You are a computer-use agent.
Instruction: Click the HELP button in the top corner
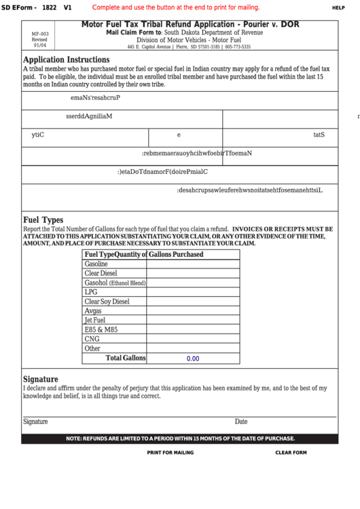coord(338,7)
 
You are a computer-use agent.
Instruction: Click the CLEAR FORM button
coord(291,452)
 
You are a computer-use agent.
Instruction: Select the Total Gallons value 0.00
coord(193,358)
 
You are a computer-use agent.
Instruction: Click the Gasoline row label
coord(96,264)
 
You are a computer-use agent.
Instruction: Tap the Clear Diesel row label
coord(101,273)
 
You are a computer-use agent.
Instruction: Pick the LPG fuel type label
coord(91,292)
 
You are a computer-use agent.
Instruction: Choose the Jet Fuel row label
coord(94,320)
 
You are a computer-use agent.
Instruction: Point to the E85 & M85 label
coord(101,330)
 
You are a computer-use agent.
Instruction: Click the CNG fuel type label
coord(92,339)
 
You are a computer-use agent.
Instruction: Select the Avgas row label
coord(93,311)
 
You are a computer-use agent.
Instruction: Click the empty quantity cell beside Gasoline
coord(193,264)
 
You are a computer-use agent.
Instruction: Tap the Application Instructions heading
coord(66,60)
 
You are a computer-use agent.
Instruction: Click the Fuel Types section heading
coord(43,220)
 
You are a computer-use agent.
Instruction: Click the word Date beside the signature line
coord(241,421)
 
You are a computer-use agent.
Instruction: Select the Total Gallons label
coord(125,358)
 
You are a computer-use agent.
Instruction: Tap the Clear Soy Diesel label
coord(107,301)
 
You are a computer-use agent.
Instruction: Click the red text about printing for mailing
coord(175,7)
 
